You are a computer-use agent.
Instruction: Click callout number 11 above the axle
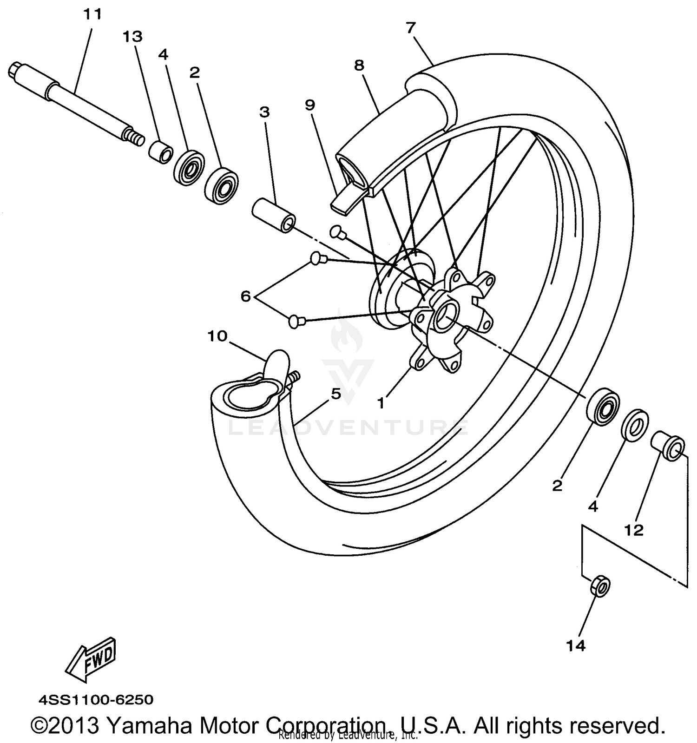pos(92,15)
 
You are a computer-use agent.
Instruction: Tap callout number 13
pos(132,37)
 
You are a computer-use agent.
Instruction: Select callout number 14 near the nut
pos(576,645)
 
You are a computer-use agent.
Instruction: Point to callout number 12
pos(634,530)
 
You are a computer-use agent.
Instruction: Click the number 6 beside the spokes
pos(246,296)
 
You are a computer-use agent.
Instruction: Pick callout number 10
pos(217,336)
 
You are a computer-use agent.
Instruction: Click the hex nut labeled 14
pos(600,587)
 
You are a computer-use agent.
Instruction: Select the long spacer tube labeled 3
pos(274,216)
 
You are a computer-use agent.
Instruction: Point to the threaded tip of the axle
pos(134,138)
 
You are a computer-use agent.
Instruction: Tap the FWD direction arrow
pos(91,659)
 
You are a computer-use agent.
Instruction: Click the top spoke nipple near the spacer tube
pos(337,231)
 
